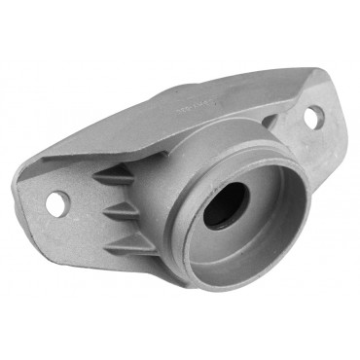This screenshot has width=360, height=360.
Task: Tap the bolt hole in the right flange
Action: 314,118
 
